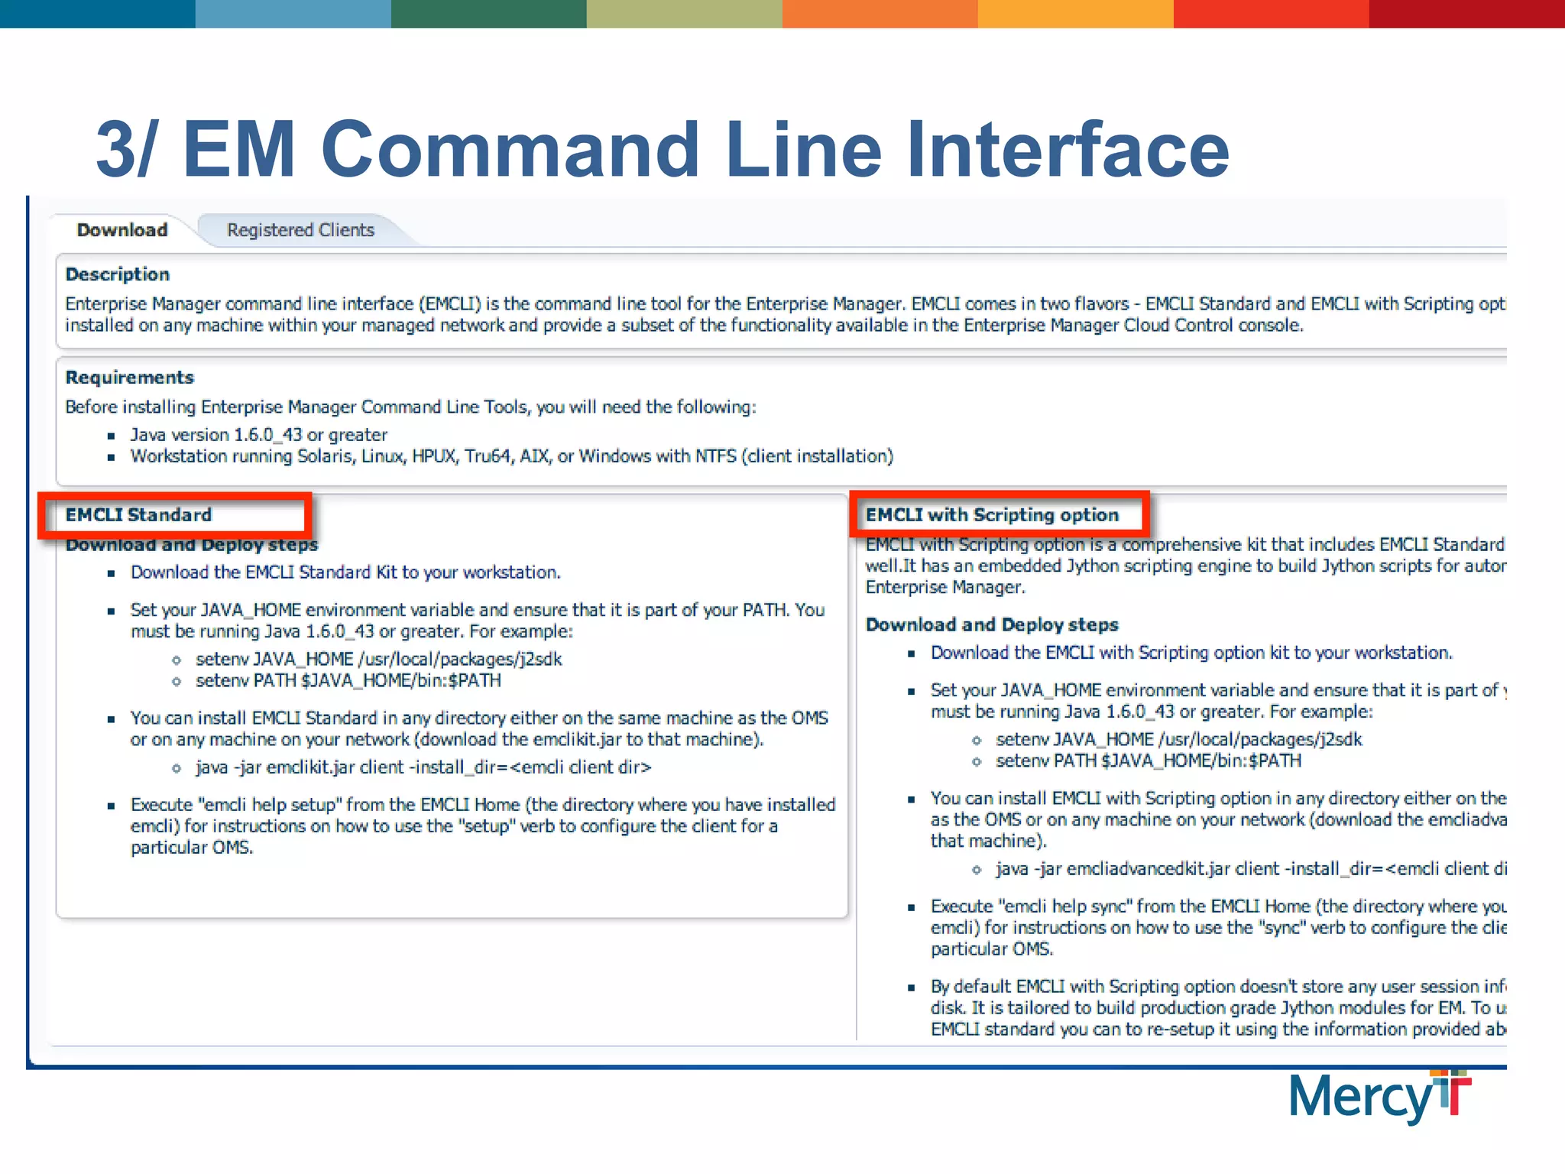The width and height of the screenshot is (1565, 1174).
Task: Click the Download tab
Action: [x=122, y=230]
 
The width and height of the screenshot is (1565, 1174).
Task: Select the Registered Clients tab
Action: [x=300, y=230]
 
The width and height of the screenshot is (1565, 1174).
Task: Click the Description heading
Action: [x=118, y=274]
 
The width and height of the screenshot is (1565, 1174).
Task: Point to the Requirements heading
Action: [x=130, y=378]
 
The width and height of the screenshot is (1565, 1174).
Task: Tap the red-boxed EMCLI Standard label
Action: [x=138, y=515]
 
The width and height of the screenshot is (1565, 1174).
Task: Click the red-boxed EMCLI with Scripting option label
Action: [x=992, y=515]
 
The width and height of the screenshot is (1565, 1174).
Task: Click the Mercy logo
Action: [x=1379, y=1097]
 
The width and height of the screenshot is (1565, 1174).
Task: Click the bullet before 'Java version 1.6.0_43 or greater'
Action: [x=112, y=436]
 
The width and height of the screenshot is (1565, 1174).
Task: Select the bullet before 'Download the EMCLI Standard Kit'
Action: [x=112, y=573]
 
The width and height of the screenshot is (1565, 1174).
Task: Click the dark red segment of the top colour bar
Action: [x=1467, y=14]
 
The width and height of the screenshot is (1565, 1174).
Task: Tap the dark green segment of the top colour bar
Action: [x=489, y=14]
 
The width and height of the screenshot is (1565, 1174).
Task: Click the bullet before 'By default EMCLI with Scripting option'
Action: [x=911, y=988]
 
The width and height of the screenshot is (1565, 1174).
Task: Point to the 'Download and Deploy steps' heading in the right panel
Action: [x=992, y=625]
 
